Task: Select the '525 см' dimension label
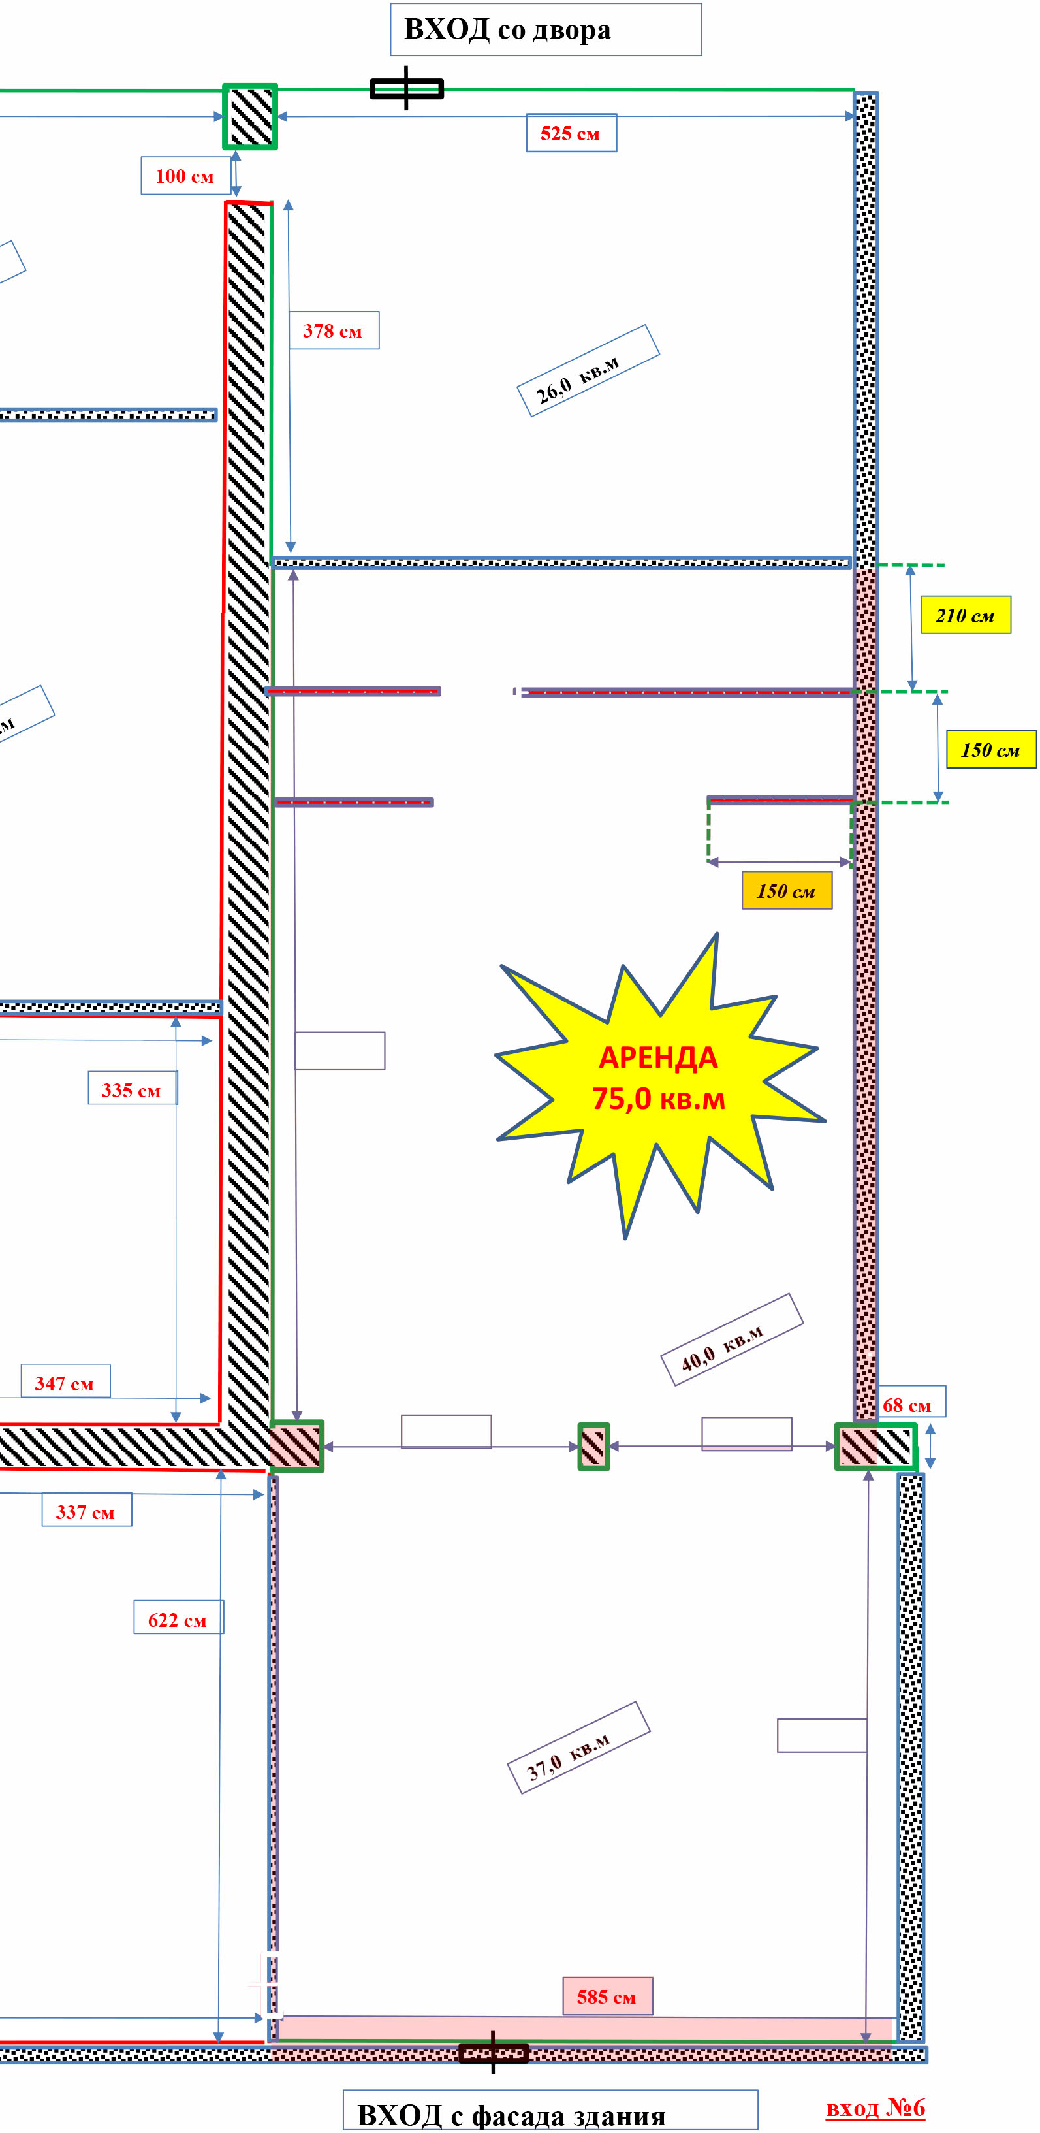coord(571,133)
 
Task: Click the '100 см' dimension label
coord(185,176)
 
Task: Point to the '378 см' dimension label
coord(334,330)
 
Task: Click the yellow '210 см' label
coord(966,615)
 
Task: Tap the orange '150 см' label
coord(787,891)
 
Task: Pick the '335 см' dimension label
coord(133,1089)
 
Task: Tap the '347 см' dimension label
coord(65,1383)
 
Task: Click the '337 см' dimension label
coord(86,1511)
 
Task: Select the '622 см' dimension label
coord(178,1620)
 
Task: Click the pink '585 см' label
coord(608,1997)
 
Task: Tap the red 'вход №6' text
coord(875,2108)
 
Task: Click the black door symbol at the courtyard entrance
coord(407,88)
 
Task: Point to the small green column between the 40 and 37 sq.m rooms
coord(593,1446)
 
